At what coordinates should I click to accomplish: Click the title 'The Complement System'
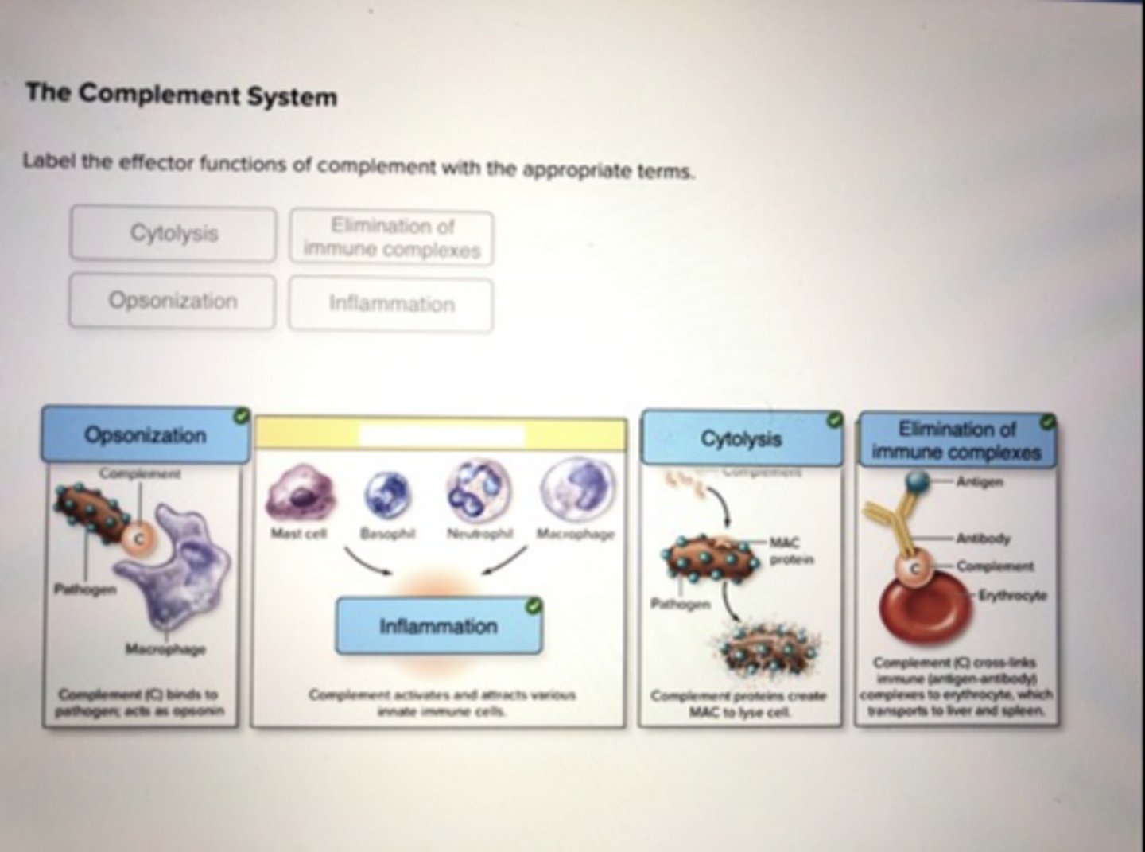pos(181,95)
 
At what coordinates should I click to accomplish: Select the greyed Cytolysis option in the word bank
pos(173,233)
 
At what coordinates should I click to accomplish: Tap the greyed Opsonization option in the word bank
pos(173,301)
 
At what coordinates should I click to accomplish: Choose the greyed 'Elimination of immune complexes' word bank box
pos(391,237)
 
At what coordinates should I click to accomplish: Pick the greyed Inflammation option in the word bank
pos(391,304)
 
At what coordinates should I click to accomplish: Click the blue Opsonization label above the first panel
pos(145,435)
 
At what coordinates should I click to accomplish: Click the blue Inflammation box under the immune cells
pos(438,626)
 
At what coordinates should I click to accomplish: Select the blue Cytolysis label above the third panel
pos(741,438)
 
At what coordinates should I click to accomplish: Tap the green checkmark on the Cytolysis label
pos(833,419)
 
